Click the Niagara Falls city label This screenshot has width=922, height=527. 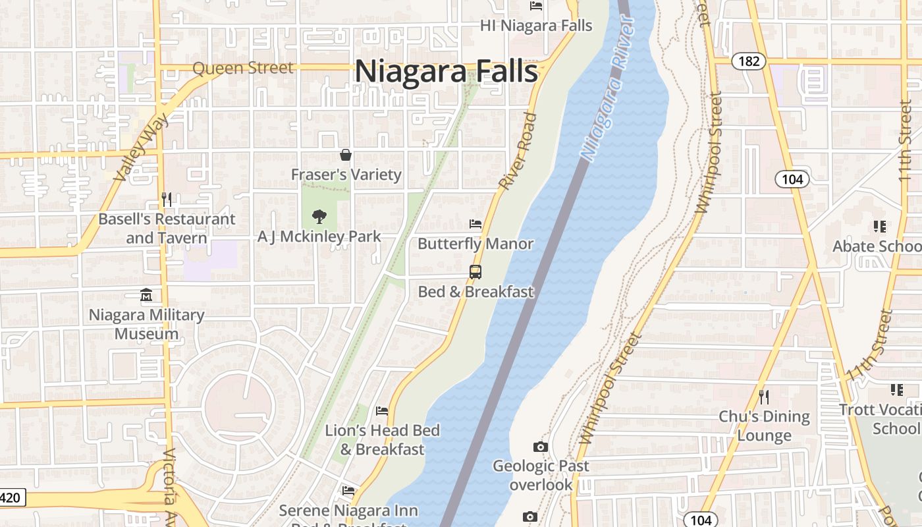(447, 71)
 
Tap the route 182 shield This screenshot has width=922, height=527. (749, 61)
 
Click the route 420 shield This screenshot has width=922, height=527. (11, 497)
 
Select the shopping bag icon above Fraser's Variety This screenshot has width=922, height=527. (345, 155)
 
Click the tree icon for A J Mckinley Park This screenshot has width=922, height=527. (319, 216)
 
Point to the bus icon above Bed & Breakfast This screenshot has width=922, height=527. (475, 271)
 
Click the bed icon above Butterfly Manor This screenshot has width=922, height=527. (475, 224)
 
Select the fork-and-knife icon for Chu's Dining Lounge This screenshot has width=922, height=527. (764, 397)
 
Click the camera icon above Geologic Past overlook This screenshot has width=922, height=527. (540, 447)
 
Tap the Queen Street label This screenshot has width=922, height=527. (243, 68)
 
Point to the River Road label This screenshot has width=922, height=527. (518, 152)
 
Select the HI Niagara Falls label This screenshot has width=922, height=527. (536, 26)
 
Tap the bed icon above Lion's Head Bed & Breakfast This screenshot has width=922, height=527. (382, 411)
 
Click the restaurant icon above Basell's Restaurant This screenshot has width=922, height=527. (167, 199)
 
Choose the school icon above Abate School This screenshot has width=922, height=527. (879, 227)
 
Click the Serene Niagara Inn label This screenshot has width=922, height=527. (348, 511)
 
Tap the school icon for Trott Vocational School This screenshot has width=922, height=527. (896, 390)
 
